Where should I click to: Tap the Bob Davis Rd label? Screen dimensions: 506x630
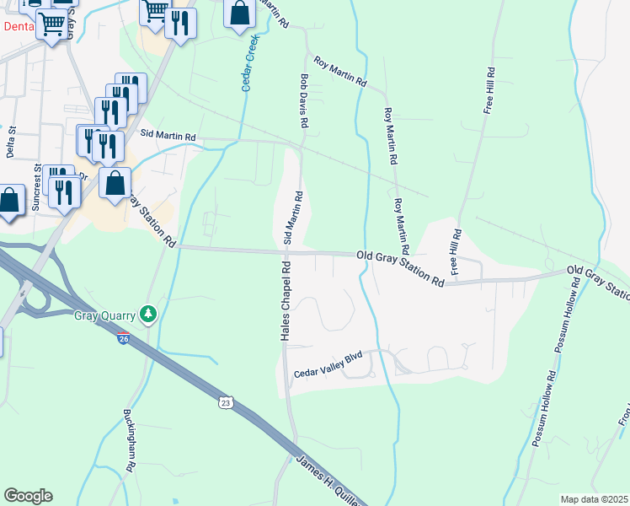(303, 100)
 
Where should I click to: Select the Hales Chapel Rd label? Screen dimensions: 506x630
(286, 299)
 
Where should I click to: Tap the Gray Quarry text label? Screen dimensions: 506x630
(105, 316)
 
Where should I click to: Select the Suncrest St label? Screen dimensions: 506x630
(36, 187)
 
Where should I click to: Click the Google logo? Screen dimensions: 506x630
(28, 496)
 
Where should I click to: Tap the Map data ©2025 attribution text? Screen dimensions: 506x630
(594, 499)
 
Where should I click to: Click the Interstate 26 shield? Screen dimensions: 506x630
(123, 338)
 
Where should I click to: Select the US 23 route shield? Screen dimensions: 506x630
(224, 402)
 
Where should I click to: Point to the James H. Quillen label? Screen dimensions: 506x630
(328, 481)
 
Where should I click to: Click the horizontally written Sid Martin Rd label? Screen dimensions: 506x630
(168, 135)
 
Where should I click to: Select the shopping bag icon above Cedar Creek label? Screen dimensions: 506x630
(240, 14)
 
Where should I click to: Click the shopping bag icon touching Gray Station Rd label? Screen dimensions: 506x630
(115, 183)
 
